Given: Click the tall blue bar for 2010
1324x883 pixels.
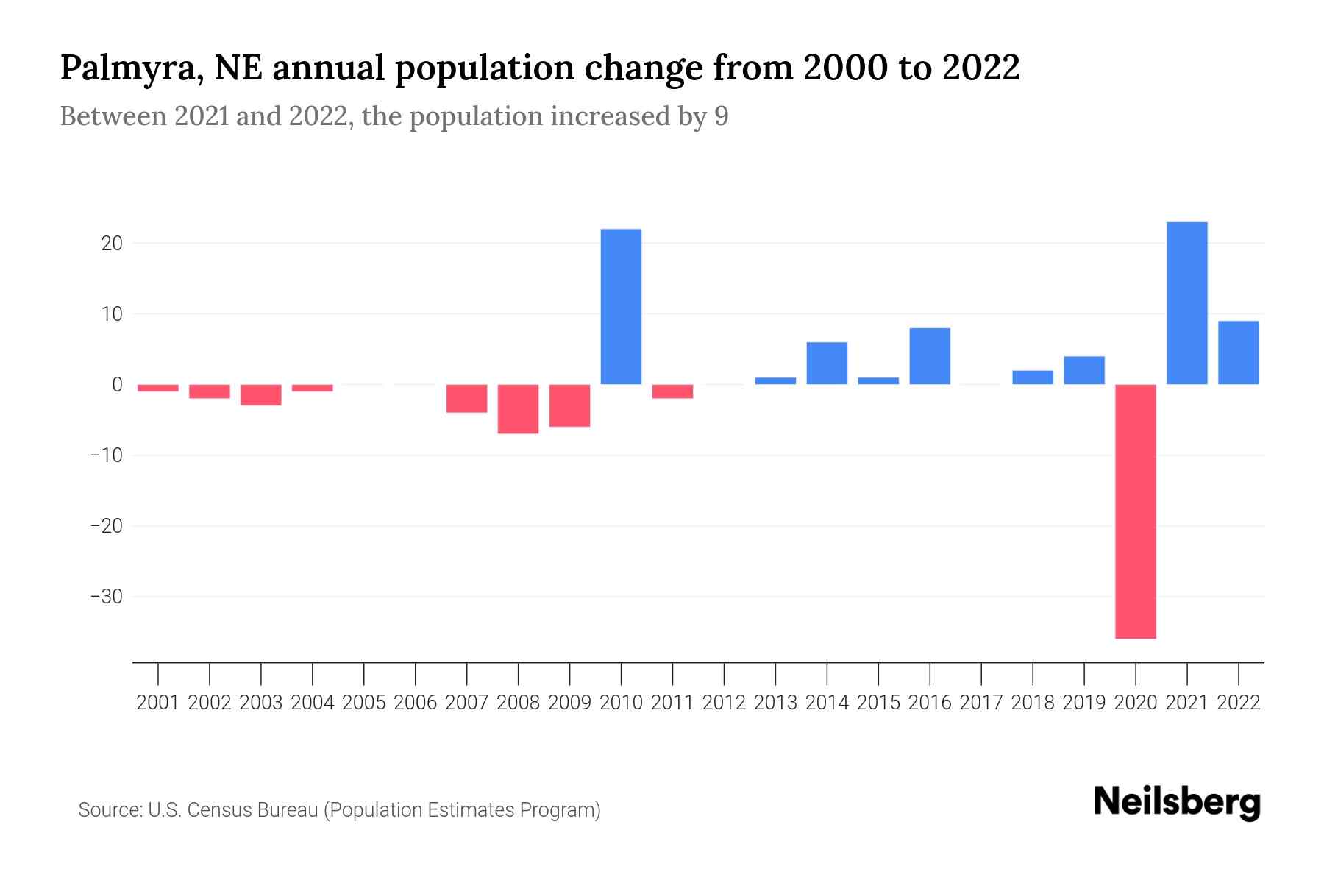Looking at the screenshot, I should pos(621,307).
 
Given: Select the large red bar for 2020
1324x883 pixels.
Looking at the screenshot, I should pos(1135,511).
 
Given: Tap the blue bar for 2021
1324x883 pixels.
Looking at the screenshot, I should pos(1186,303).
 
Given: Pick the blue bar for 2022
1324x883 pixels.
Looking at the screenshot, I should pos(1238,352).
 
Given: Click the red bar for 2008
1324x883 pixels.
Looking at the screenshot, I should pos(518,409).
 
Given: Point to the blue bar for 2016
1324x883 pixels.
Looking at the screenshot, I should pos(930,356).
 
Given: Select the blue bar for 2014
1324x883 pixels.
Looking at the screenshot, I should pos(827,364).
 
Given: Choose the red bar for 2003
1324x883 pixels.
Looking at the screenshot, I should pos(261,395).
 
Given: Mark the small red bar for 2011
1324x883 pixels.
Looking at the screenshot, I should pos(672,391).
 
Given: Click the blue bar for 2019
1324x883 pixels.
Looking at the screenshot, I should pos(1083,370).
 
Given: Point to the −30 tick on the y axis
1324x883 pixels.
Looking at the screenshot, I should pos(106,597).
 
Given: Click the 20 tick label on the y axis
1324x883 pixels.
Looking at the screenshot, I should pos(112,244).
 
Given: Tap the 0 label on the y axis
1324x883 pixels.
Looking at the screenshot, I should pos(118,385).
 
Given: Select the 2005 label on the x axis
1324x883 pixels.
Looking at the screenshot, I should pos(364,703).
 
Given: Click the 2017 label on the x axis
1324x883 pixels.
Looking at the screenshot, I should pos(980,703).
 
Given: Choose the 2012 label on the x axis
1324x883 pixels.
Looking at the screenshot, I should pos(724,703).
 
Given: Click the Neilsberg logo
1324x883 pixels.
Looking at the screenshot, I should pos(1177,802).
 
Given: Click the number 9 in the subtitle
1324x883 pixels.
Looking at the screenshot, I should pos(721,117).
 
